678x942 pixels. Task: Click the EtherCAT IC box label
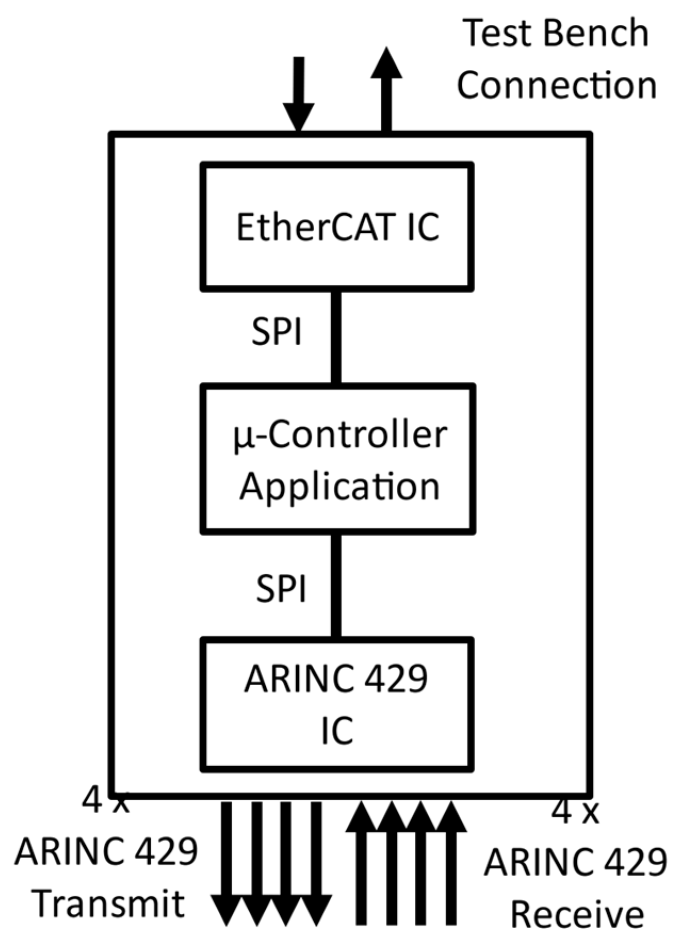pos(338,228)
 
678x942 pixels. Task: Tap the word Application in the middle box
pos(339,486)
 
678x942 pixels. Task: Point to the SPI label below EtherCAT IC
pos(276,331)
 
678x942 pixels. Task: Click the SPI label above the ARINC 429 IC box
pos(281,589)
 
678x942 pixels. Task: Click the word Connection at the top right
pos(557,85)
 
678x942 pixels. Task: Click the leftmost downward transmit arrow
pos(227,863)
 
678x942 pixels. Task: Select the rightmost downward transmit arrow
pos(316,863)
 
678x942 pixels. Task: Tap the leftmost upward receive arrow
pos(361,863)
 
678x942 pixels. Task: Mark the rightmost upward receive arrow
pos(451,863)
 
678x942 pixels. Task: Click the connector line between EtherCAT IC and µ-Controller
pos(336,337)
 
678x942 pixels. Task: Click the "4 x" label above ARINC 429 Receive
pos(574,813)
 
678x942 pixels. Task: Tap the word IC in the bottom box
pos(337,730)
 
